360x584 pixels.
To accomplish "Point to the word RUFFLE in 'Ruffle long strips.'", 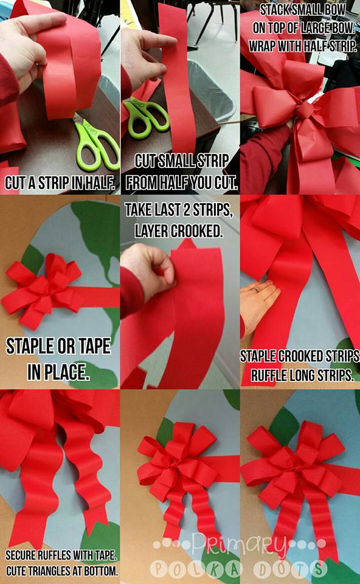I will coord(265,375).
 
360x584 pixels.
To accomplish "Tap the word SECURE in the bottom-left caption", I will coord(24,555).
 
